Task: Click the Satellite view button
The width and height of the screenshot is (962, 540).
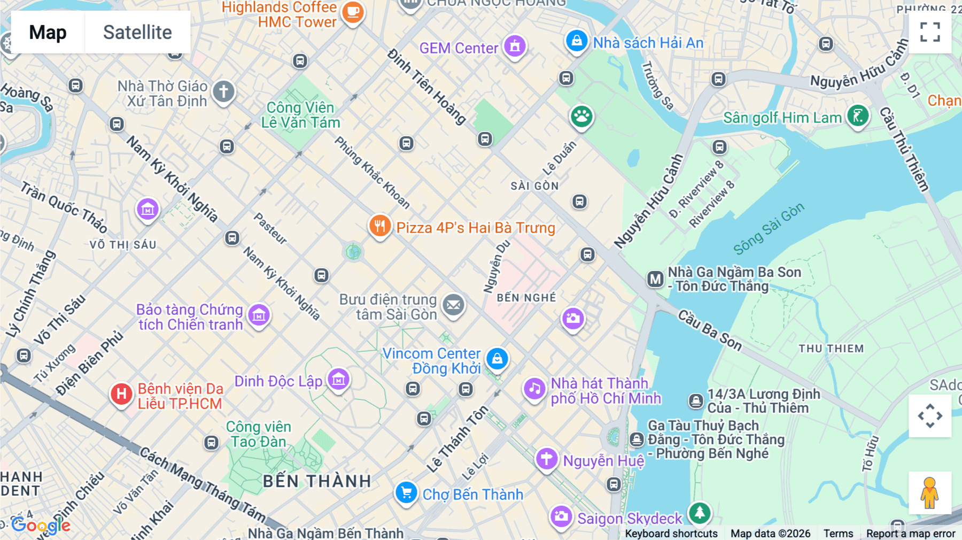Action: click(137, 32)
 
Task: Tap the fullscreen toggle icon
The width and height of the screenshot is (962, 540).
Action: click(930, 32)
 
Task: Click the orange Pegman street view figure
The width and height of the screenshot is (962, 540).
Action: click(929, 493)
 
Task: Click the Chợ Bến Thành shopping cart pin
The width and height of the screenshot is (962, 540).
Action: click(406, 492)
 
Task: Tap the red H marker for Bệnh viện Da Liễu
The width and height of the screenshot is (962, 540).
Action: click(121, 395)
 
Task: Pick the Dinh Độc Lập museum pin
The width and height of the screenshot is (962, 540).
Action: click(338, 380)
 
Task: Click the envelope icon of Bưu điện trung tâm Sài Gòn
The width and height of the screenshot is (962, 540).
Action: click(453, 305)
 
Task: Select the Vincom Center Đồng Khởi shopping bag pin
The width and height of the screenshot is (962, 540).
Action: click(497, 359)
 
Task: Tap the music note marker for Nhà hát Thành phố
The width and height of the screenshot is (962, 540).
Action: click(534, 389)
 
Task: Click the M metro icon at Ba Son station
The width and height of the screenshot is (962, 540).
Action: click(655, 279)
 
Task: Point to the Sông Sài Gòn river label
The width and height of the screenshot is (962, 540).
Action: click(768, 228)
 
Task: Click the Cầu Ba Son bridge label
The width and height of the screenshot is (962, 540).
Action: click(710, 330)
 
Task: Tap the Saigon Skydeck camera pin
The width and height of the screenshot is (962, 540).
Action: click(561, 516)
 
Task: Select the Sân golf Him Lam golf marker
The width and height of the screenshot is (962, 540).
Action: click(858, 115)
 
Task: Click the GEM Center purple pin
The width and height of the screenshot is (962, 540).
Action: click(515, 47)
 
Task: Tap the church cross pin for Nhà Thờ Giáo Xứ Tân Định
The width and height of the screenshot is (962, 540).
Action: click(223, 91)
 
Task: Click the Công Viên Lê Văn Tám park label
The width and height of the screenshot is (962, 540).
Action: click(300, 115)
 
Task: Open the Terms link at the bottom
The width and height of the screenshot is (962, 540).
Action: click(838, 534)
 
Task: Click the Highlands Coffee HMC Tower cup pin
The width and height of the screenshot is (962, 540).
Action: click(353, 11)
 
